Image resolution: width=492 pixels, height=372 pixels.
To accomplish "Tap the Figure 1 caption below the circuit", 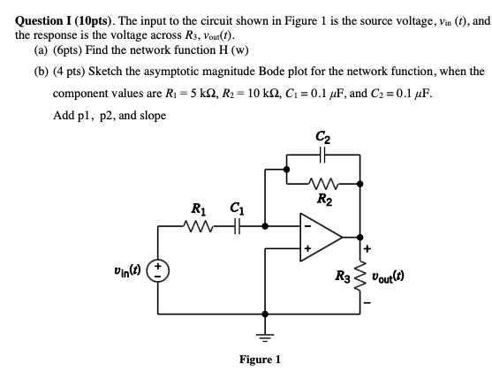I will (x=260, y=360).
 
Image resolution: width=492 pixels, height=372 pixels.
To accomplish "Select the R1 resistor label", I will (x=200, y=210).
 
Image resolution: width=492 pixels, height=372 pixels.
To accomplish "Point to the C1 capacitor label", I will (x=237, y=209).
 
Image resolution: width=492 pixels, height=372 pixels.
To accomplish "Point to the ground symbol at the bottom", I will (x=261, y=334).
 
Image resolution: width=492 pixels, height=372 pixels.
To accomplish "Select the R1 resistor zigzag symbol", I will (x=200, y=226).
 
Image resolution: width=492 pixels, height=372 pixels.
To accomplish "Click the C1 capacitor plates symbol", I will (x=237, y=226).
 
